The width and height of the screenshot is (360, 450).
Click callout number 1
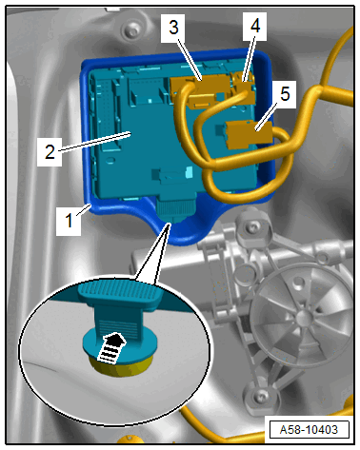click(69, 220)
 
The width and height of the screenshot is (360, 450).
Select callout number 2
click(50, 151)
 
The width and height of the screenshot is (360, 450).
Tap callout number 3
click(173, 28)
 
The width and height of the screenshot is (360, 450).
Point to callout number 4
click(255, 26)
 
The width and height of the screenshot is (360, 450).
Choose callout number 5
click(285, 94)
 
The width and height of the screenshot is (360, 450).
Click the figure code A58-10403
click(309, 430)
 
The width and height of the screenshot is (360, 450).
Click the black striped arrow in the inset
click(111, 347)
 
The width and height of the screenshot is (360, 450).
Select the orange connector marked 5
click(249, 134)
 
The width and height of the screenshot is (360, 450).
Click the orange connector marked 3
click(199, 89)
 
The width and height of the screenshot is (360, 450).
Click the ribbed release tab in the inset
click(120, 292)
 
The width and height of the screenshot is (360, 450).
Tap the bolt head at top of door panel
click(130, 31)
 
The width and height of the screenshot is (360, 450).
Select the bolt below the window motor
click(261, 396)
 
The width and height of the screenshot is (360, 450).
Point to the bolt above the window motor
click(253, 226)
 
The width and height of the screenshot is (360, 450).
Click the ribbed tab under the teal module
click(175, 208)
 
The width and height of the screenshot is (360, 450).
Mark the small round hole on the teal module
click(110, 160)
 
